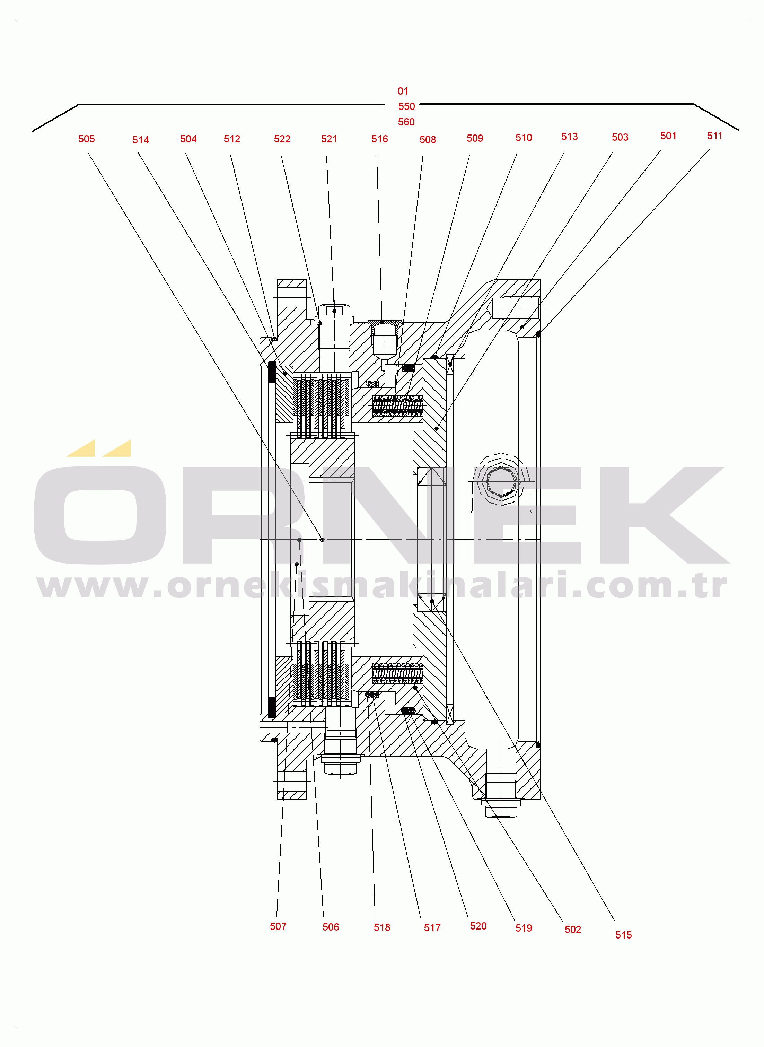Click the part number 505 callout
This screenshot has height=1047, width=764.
click(87, 139)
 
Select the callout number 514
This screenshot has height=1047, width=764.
click(141, 140)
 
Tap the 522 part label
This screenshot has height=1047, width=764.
click(282, 139)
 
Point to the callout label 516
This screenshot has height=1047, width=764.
click(380, 139)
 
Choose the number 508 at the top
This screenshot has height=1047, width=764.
click(428, 140)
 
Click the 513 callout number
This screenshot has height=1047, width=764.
click(569, 137)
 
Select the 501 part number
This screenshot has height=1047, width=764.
click(668, 136)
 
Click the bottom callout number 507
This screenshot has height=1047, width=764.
click(278, 926)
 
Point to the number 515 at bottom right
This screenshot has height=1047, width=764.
click(623, 935)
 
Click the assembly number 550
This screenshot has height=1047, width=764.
click(406, 107)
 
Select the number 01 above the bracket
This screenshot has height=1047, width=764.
click(403, 91)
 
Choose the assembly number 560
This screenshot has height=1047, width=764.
click(406, 122)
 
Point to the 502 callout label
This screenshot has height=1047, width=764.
click(572, 930)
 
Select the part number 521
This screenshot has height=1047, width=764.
click(329, 139)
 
